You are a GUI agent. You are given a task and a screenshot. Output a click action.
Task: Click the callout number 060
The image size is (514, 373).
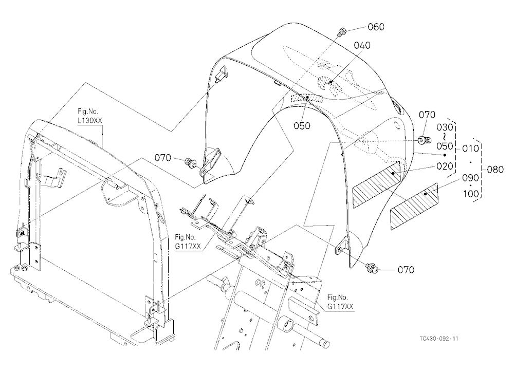point(376,27)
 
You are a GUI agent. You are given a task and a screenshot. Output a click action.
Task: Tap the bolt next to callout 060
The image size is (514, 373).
point(341,32)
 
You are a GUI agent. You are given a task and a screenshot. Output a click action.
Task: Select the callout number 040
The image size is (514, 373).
point(362,45)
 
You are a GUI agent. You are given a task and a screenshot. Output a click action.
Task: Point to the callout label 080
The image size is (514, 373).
point(495,170)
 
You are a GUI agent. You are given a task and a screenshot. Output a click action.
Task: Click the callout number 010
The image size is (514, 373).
point(470,148)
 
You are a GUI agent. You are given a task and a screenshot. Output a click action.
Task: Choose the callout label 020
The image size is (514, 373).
point(445,166)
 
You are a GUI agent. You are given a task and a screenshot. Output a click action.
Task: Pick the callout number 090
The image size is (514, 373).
point(470,178)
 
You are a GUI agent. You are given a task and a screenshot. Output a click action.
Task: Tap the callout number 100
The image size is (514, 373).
point(471,194)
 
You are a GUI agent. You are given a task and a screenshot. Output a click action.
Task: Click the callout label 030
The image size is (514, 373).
point(445,127)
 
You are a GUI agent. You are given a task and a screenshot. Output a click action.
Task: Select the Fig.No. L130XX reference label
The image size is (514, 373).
point(90,116)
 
